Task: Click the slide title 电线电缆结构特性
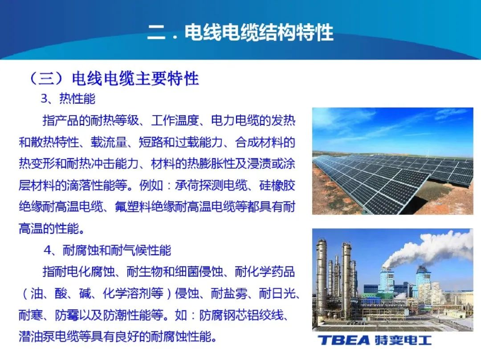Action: (259, 32)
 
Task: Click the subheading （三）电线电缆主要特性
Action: (113, 78)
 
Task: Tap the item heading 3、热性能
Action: (68, 99)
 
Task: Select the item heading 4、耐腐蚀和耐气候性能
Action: (107, 251)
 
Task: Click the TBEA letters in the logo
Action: (343, 340)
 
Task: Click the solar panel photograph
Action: (393, 161)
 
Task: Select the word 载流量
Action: (109, 142)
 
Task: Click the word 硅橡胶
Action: (277, 186)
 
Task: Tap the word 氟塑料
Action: (133, 207)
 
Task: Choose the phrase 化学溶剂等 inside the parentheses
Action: (133, 294)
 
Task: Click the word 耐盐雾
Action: (229, 294)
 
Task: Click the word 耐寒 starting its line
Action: (31, 315)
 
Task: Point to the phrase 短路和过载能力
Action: (181, 142)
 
